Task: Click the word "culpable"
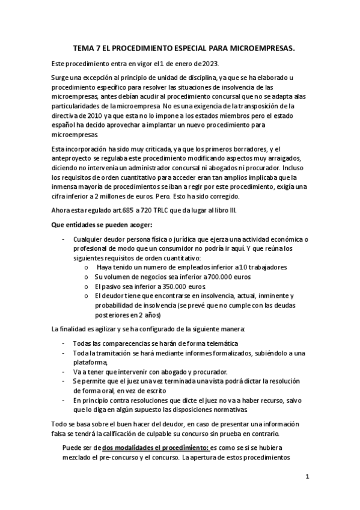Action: point(188,434)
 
